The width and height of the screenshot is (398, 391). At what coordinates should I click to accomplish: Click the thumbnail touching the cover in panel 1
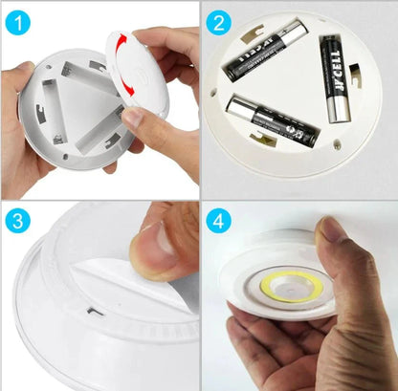[x=132, y=117]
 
